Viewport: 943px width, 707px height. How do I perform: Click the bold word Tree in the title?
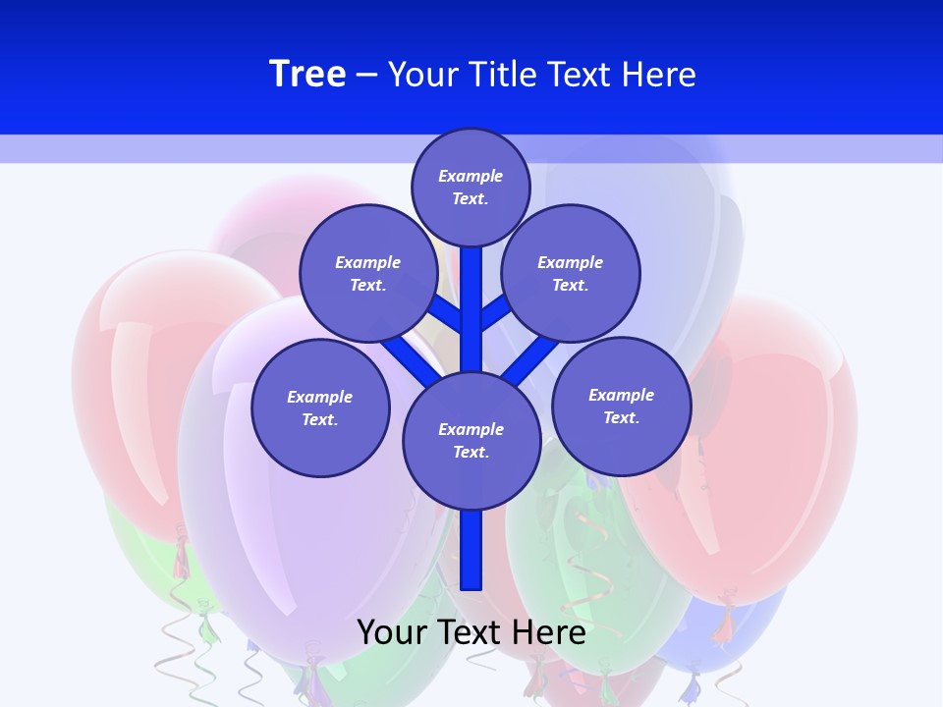pos(307,74)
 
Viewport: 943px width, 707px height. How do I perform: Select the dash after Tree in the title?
pos(366,76)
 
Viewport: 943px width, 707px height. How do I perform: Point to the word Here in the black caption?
pos(544,632)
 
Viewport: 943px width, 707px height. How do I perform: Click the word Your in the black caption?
pos(390,632)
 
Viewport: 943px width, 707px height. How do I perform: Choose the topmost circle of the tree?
pos(471,187)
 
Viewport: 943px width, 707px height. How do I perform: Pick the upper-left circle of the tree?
pos(368,274)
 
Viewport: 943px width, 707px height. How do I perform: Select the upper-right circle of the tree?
pos(571,274)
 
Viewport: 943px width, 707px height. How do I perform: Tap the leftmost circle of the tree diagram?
pos(320,408)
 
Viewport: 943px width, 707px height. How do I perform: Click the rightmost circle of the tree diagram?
pos(621,407)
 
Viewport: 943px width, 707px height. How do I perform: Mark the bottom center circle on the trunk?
pos(471,441)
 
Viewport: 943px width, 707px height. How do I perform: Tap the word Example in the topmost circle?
pos(471,177)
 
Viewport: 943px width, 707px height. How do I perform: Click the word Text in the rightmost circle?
pos(620,417)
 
